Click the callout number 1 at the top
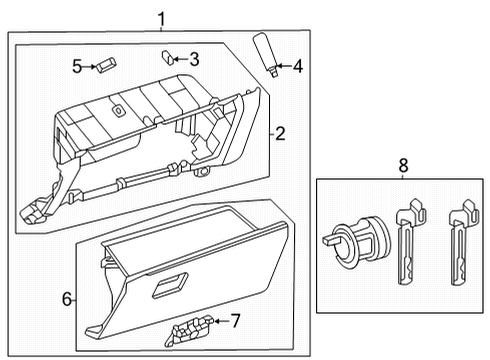point(159,17)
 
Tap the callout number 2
point(281,133)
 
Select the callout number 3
point(194,58)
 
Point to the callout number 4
point(297,67)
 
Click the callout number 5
point(76,66)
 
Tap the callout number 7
point(236,320)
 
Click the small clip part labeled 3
point(168,57)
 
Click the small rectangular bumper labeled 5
point(106,65)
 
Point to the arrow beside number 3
point(180,58)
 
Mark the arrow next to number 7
point(222,320)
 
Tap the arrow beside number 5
point(89,66)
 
